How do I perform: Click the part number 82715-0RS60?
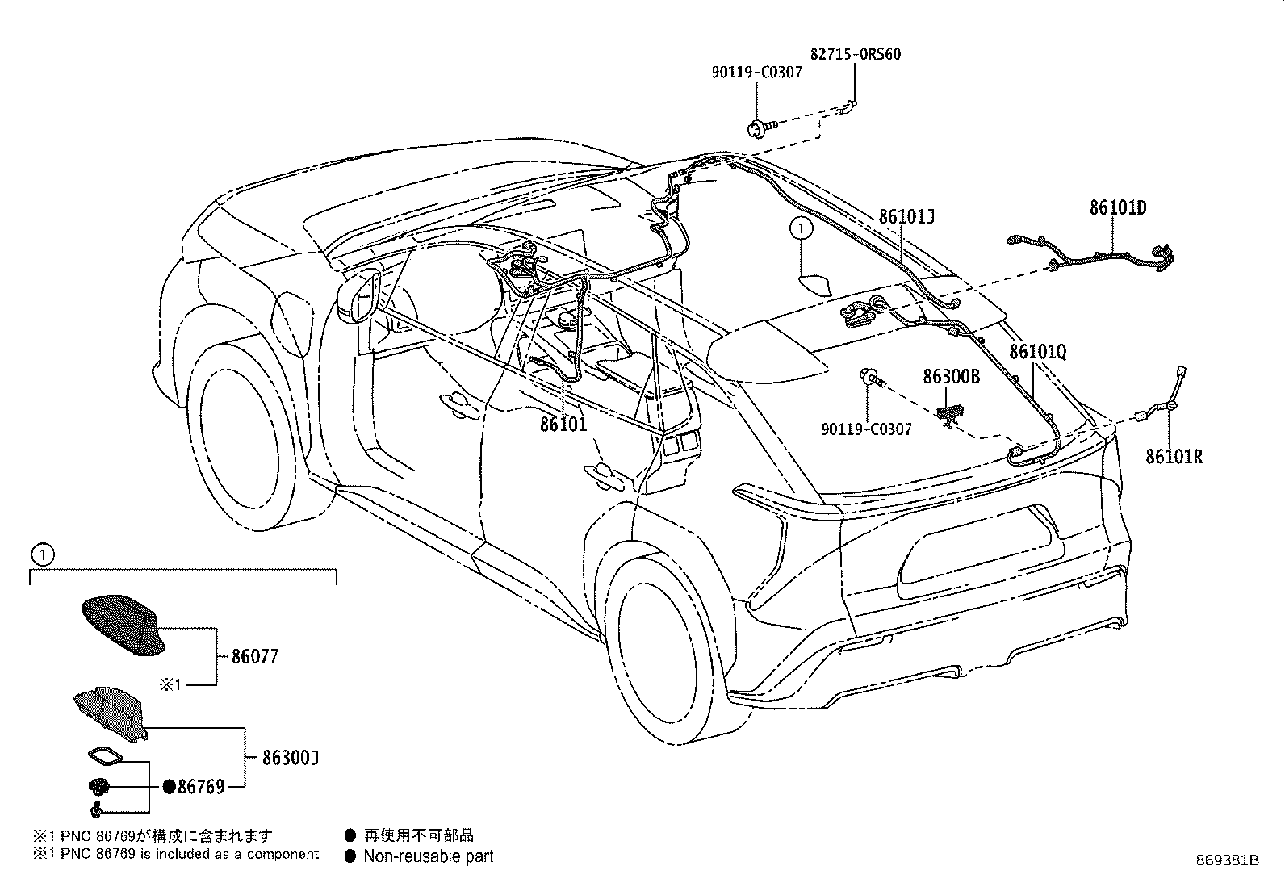coord(856,54)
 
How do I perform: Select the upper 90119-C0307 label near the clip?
coord(756,73)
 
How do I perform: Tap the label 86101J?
coord(906,216)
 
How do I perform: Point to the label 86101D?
coord(1118,207)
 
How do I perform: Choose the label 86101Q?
coord(1038,352)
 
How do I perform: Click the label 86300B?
coord(951,376)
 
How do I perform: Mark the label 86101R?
coord(1174,457)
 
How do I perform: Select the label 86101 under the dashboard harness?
coord(563,425)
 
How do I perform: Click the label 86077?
coord(255,656)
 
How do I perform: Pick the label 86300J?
coord(291,758)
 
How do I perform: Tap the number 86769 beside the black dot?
coord(201,787)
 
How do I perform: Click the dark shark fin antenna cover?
coord(124,625)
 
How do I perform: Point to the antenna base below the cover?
coord(110,713)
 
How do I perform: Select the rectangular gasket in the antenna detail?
coord(106,757)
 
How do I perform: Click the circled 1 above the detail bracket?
coord(43,554)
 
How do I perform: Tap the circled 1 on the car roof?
coord(802,228)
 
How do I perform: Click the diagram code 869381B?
coord(1228,860)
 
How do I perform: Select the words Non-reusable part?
coord(429,856)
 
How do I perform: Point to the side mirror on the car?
coord(359,297)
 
